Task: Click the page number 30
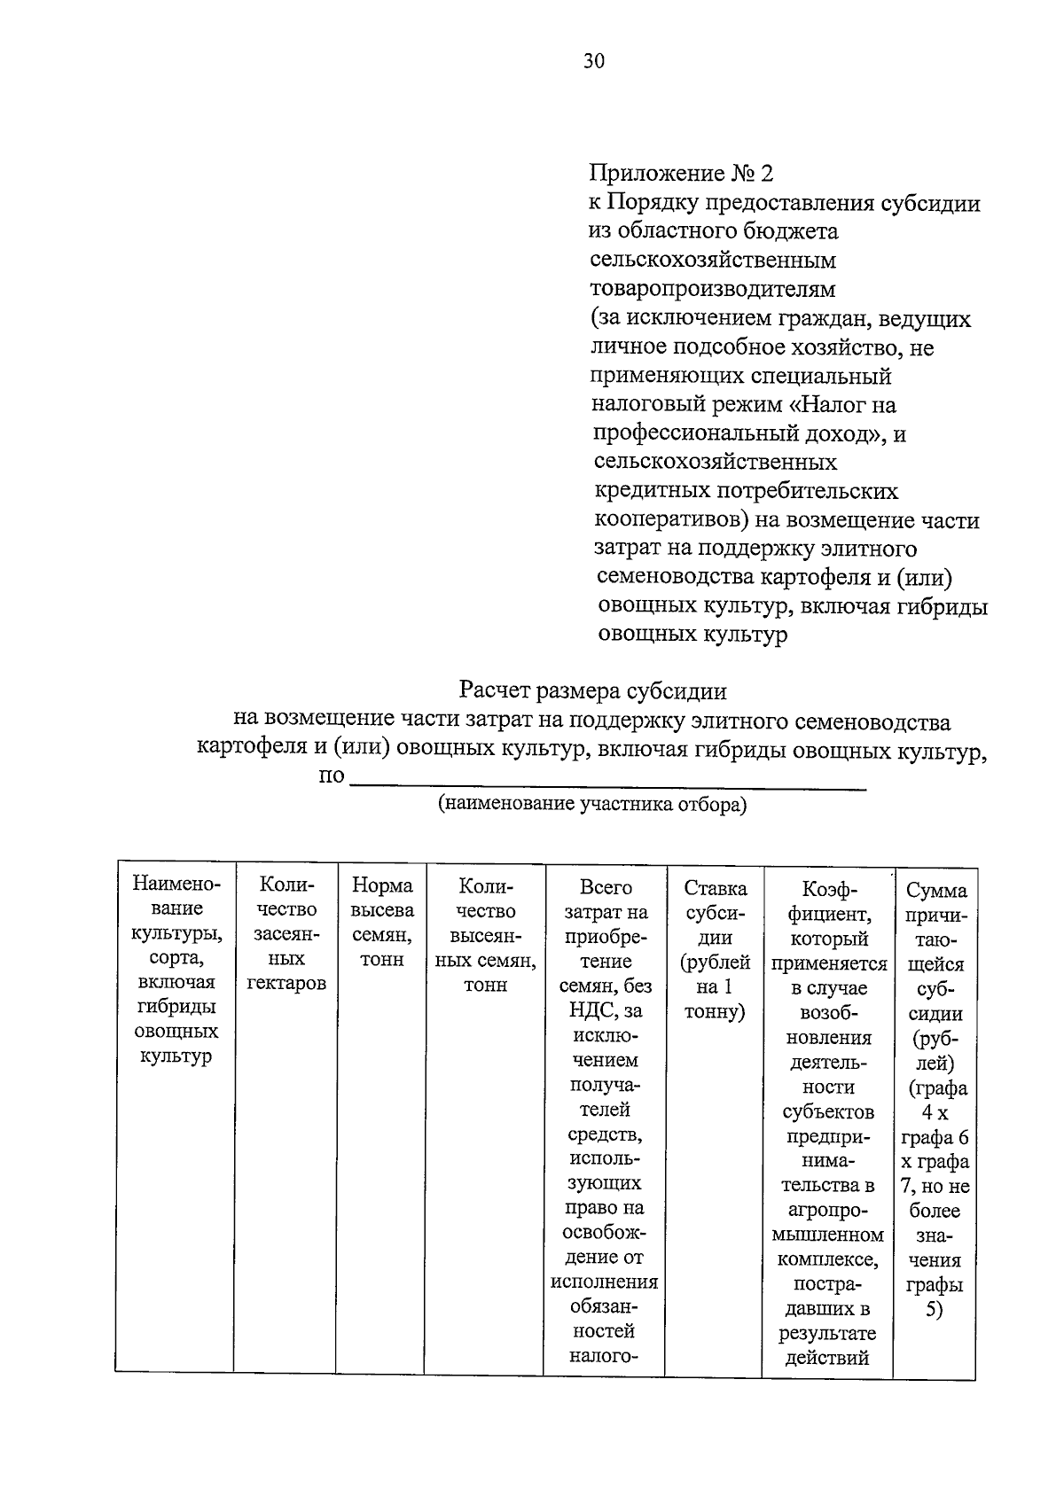[594, 60]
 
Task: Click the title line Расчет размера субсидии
[592, 690]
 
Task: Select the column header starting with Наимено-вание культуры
[176, 970]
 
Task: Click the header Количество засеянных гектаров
[286, 934]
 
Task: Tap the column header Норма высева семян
[382, 922]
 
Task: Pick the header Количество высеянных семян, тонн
[486, 934]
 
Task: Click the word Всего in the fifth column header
[606, 887]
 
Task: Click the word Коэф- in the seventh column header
[828, 888]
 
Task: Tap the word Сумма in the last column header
[936, 891]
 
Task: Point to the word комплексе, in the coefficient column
[828, 1259]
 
